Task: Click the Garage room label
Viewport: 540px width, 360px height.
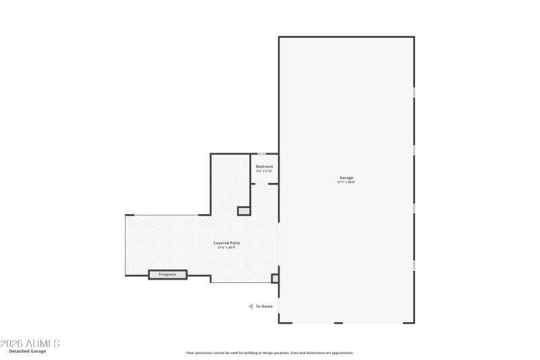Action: tap(346, 178)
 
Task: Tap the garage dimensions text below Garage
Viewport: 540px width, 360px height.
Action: tap(346, 182)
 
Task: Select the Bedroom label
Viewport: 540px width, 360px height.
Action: tap(264, 166)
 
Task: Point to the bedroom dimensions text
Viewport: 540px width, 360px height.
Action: tap(264, 171)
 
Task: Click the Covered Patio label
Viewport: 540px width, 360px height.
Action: tap(226, 242)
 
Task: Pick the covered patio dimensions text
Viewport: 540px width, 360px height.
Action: tap(226, 247)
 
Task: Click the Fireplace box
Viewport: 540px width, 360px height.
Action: tap(167, 274)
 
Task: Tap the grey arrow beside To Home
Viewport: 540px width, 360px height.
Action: tap(250, 307)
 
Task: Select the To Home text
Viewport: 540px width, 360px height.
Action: tap(265, 307)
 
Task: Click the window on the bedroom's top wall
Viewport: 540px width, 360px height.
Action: tap(261, 154)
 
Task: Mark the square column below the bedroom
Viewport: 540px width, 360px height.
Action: tap(244, 211)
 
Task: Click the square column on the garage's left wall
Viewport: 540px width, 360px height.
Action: tap(275, 278)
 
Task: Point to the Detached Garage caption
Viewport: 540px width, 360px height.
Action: tap(28, 351)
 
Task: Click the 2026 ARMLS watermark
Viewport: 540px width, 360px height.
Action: tap(30, 343)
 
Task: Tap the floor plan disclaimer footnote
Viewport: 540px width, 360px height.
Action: tap(269, 353)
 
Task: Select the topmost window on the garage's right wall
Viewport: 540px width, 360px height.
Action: tap(414, 91)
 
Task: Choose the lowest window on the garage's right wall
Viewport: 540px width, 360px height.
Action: tap(414, 265)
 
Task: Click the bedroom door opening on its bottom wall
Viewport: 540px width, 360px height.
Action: tap(264, 183)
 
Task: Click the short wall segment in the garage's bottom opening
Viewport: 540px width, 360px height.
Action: tap(338, 323)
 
